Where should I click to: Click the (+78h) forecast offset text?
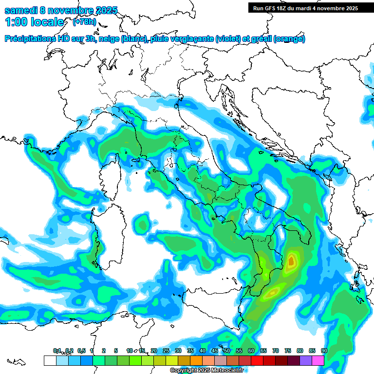pyautogui.click(x=84, y=22)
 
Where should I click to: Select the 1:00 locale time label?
pyautogui.click(x=34, y=22)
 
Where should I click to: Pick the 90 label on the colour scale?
pyautogui.click(x=324, y=351)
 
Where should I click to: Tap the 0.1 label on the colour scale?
pyautogui.click(x=57, y=351)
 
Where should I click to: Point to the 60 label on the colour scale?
pyautogui.click(x=251, y=351)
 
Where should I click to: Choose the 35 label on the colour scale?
pyautogui.click(x=190, y=351)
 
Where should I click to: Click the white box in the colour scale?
pyautogui.click(x=50, y=360)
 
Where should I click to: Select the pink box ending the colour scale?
pyautogui.click(x=318, y=360)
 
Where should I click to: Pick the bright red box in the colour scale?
pyautogui.click(x=257, y=360)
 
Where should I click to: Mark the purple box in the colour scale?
pyautogui.click(x=306, y=360)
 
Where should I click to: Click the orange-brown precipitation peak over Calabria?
pyautogui.click(x=291, y=262)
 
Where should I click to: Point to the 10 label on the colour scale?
pyautogui.click(x=130, y=351)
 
